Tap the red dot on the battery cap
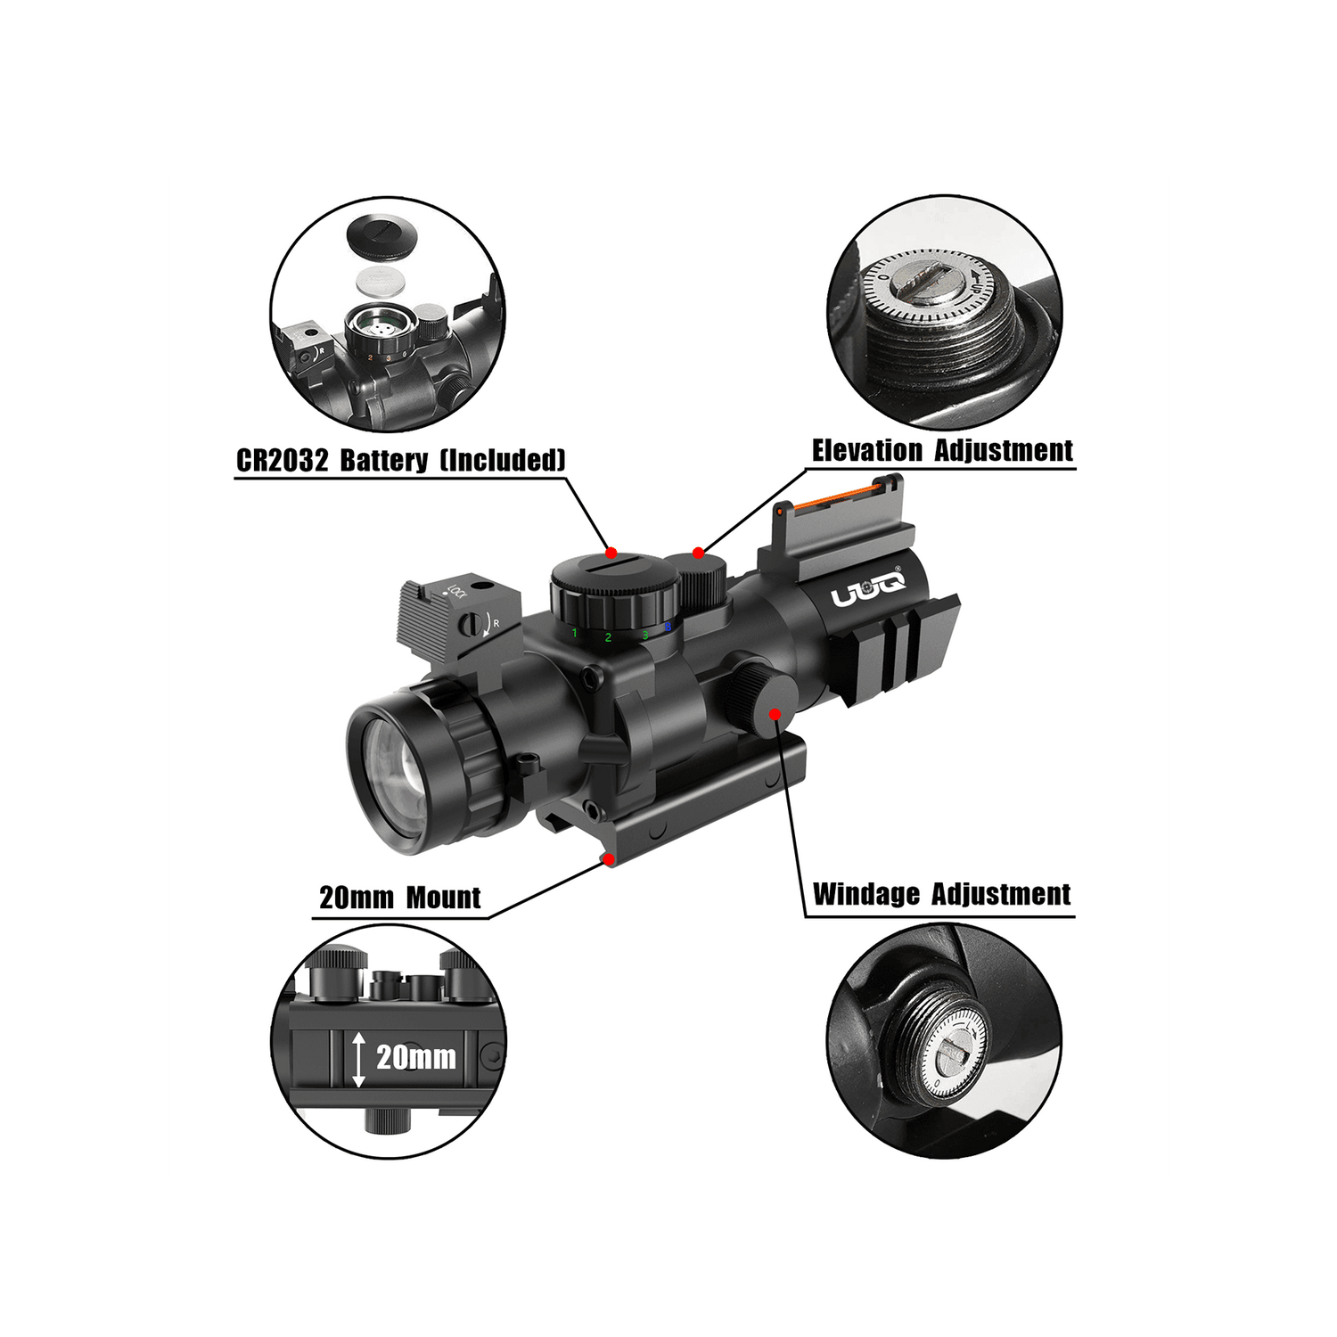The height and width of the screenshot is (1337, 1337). click(611, 551)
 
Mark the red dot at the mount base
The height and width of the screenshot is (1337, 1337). click(609, 859)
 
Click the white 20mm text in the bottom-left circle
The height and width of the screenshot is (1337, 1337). click(415, 1058)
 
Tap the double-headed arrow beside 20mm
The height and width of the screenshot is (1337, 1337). click(358, 1059)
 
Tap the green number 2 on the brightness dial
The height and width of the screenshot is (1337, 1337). click(608, 637)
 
